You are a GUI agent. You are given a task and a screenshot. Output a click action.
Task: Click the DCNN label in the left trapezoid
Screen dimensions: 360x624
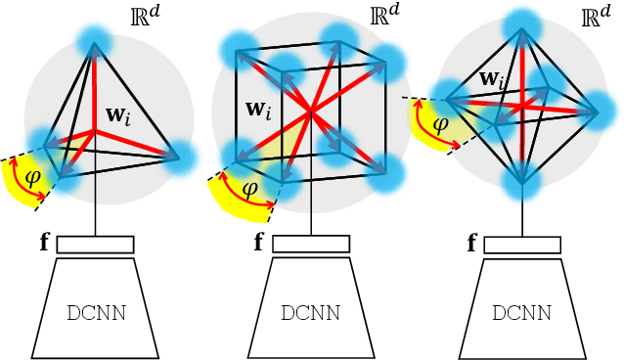click(x=95, y=314)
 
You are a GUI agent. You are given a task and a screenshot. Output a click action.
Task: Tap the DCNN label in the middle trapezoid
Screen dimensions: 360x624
click(x=310, y=314)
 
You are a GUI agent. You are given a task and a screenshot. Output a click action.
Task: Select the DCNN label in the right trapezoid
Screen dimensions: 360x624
click(x=521, y=314)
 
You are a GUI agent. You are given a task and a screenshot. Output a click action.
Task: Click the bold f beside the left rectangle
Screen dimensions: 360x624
click(x=45, y=243)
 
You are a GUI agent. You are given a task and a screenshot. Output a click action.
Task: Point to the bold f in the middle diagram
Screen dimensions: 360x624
click(x=259, y=243)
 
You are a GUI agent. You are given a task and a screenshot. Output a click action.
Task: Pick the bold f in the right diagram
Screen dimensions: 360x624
click(x=471, y=243)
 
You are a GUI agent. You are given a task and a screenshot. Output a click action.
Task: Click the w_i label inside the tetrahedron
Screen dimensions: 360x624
click(x=119, y=115)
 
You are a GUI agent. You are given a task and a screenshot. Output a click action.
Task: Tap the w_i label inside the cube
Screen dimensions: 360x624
click(x=259, y=109)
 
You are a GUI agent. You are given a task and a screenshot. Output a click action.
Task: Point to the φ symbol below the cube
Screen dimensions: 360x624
click(x=250, y=187)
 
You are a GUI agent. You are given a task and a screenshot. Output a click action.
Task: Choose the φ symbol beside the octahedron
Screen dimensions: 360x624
click(x=440, y=125)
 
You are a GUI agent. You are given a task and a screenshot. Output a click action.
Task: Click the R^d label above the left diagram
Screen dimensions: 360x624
click(x=145, y=17)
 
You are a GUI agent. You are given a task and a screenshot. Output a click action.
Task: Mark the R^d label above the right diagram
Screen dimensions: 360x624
click(x=595, y=17)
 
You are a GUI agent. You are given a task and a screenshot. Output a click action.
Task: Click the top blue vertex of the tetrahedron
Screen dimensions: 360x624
click(x=95, y=41)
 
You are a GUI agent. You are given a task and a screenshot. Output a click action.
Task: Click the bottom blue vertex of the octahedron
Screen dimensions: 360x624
click(x=522, y=182)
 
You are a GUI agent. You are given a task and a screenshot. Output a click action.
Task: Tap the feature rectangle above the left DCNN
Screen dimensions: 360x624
click(x=95, y=245)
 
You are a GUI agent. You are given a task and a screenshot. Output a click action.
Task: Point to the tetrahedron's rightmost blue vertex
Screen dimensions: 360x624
click(x=179, y=157)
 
